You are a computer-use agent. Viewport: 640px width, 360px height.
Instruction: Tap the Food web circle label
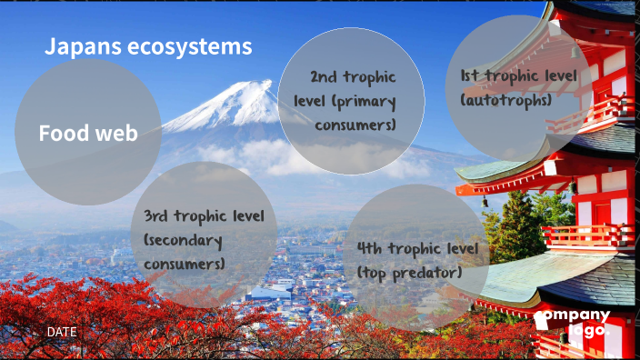click(x=88, y=134)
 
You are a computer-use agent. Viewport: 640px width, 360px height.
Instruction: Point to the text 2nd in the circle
click(x=325, y=78)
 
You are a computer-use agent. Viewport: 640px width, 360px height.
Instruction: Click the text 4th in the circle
click(x=371, y=248)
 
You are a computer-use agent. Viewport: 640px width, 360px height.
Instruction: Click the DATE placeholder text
click(x=62, y=333)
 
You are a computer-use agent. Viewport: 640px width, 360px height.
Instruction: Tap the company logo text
click(x=572, y=324)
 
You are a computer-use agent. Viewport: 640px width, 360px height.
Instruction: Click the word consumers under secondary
click(x=184, y=264)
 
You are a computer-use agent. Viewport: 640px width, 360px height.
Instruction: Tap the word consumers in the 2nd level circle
click(x=355, y=124)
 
